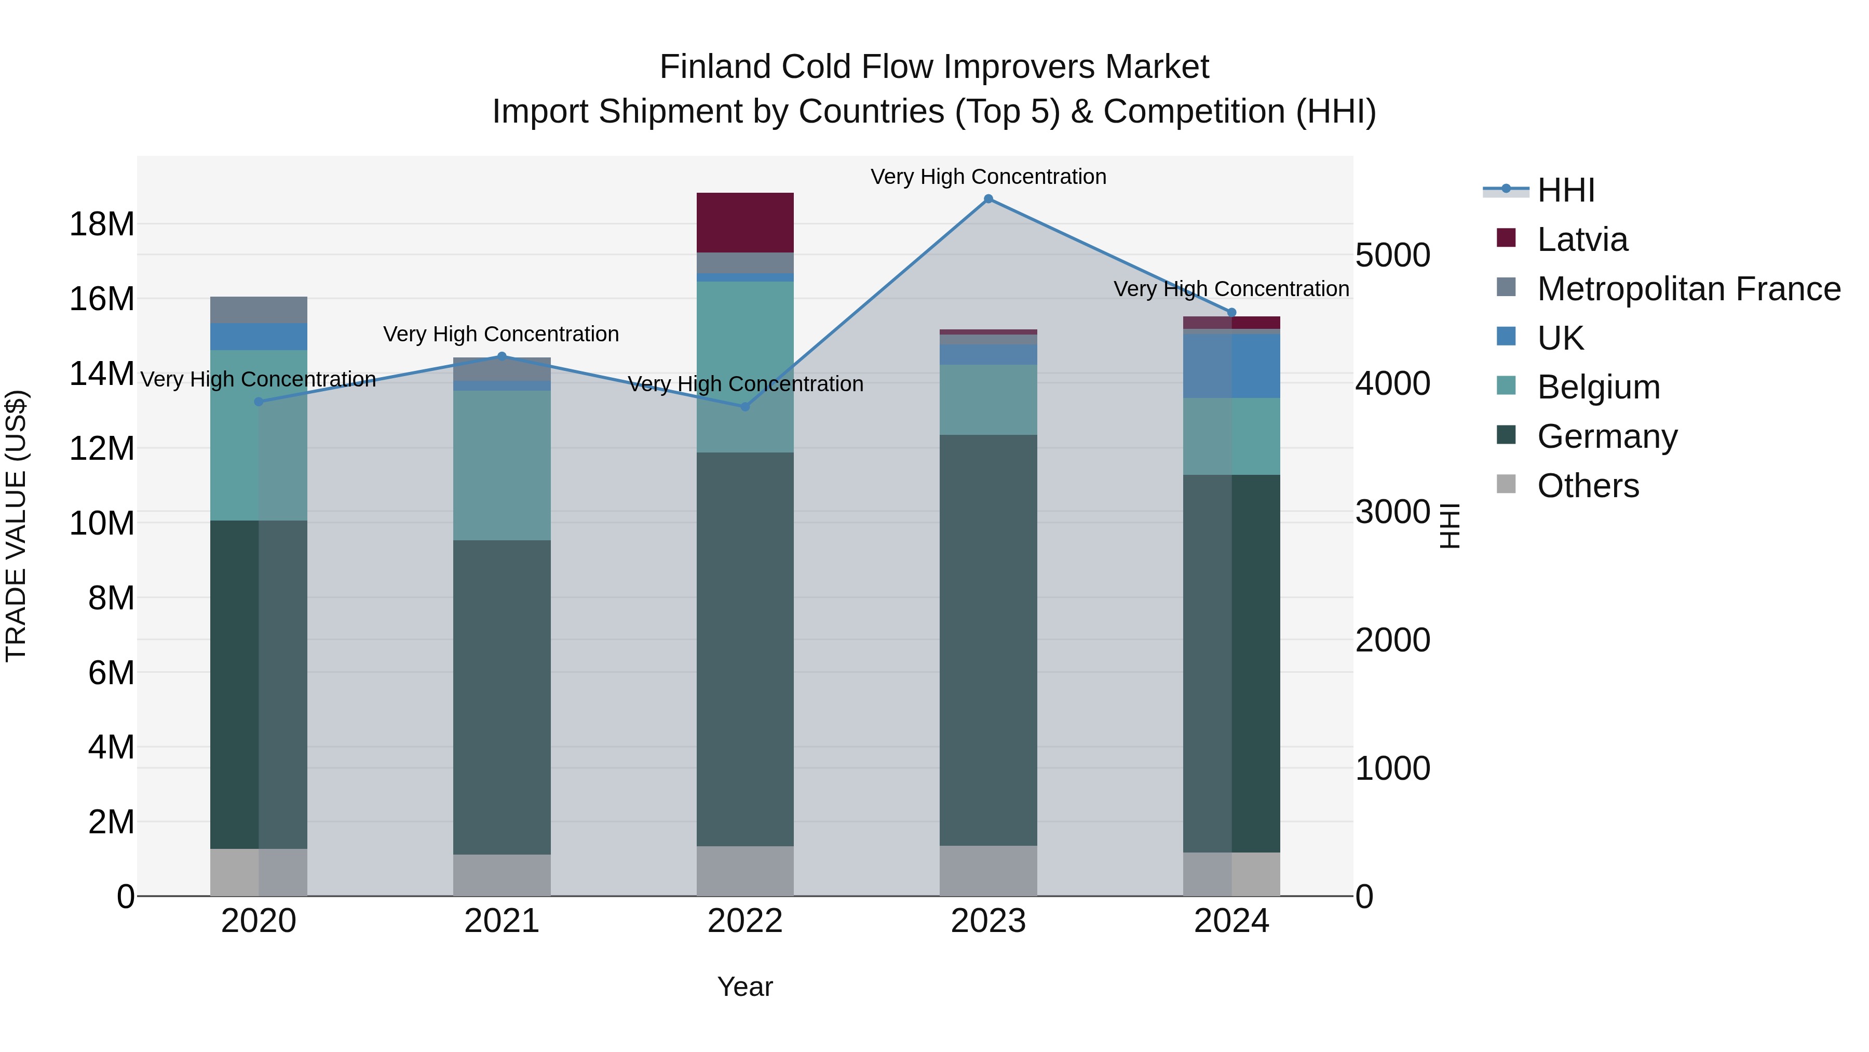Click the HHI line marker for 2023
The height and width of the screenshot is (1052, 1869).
click(x=988, y=199)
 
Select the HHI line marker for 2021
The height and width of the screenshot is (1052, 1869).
click(x=502, y=356)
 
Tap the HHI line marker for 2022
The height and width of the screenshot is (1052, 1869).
click(x=745, y=407)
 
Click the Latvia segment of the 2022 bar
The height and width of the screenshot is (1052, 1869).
click(x=745, y=222)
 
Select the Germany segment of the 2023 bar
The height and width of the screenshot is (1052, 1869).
click(x=988, y=640)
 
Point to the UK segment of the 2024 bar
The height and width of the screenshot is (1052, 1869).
click(x=1231, y=365)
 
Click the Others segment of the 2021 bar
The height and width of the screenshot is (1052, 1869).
click(x=502, y=875)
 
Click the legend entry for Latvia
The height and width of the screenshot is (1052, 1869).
click(x=1582, y=239)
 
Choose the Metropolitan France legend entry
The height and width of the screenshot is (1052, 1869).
click(x=1688, y=289)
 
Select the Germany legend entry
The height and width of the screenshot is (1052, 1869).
click(x=1607, y=436)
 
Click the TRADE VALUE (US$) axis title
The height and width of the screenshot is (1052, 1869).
click(x=16, y=526)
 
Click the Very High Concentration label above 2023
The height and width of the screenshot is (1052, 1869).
click(x=988, y=177)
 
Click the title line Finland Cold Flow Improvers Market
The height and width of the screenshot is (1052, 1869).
click(x=934, y=67)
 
